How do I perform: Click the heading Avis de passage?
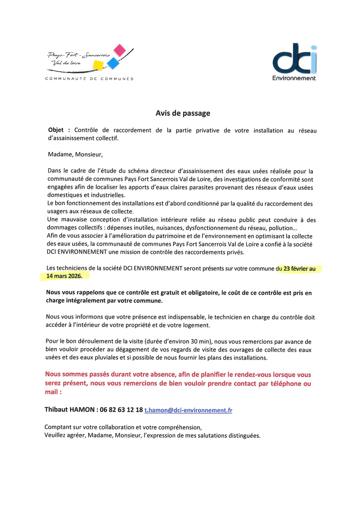pos(183,113)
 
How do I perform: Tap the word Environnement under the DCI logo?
pos(294,78)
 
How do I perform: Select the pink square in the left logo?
pos(120,50)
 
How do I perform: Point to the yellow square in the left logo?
pos(98,65)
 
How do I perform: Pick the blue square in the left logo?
pos(113,62)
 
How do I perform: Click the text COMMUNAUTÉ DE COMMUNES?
pos(89,79)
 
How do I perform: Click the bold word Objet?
pos(56,131)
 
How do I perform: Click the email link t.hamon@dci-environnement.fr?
pos(188,410)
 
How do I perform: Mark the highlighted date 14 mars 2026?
pos(64,276)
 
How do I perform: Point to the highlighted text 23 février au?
pos(299,269)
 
